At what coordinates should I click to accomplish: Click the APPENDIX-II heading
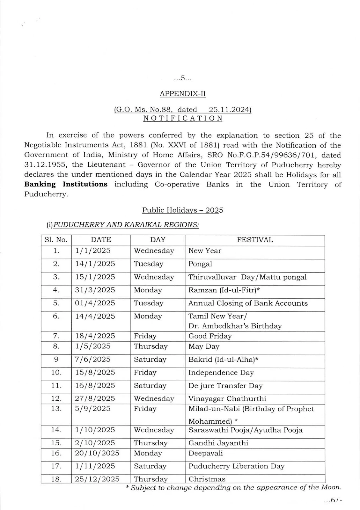(183, 94)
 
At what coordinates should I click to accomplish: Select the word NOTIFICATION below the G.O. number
(183, 118)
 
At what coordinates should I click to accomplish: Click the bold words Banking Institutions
(66, 184)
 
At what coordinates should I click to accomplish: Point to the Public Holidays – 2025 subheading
(183, 210)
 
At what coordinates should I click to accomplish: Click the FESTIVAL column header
(255, 240)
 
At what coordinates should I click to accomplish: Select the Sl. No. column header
(56, 240)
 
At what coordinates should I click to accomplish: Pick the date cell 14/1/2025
(95, 264)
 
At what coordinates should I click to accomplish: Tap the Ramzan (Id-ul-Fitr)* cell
(224, 290)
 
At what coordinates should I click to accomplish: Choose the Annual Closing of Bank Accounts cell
(248, 303)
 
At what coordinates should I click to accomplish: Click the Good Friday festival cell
(210, 336)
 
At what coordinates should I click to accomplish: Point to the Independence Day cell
(221, 373)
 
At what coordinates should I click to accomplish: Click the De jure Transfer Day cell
(225, 386)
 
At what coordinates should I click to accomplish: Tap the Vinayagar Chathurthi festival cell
(227, 398)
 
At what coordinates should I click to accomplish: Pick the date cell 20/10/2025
(97, 453)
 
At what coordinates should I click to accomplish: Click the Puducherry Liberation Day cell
(236, 466)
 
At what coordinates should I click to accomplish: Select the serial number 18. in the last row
(56, 479)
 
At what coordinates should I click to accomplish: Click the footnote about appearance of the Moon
(236, 487)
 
